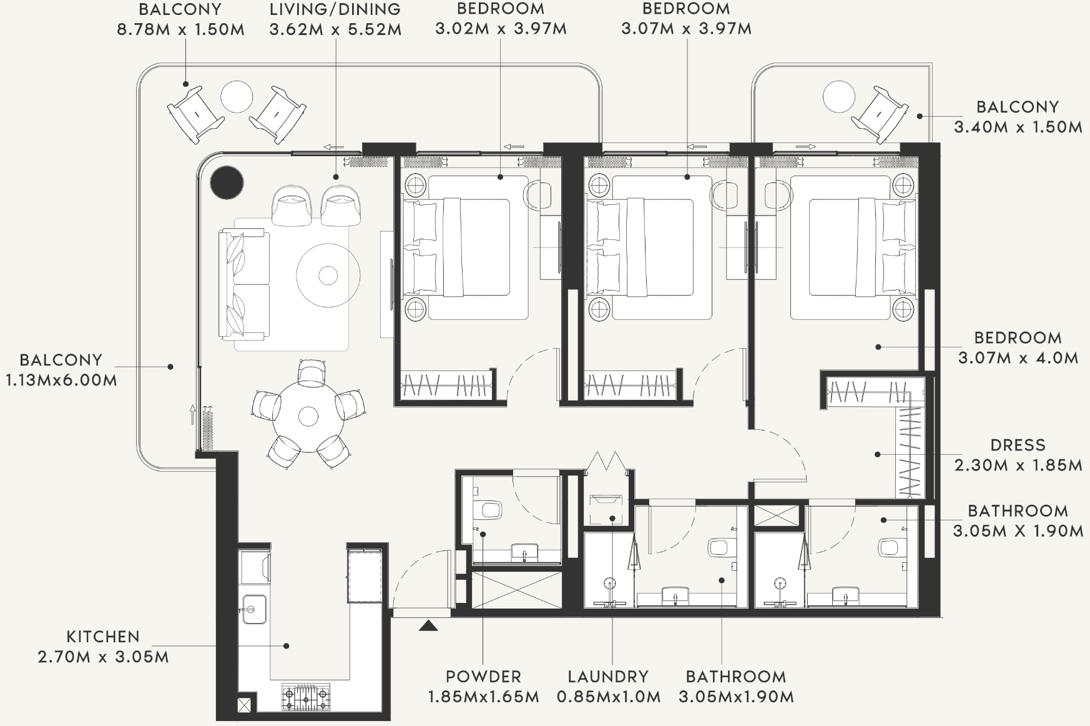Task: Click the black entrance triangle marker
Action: [x=428, y=625]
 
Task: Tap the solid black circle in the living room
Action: [x=227, y=182]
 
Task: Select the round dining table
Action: [x=308, y=416]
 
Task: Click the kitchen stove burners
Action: [x=306, y=695]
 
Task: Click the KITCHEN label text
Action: [x=103, y=637]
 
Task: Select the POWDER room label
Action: [x=483, y=677]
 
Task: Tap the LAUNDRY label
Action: [x=608, y=677]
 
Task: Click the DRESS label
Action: [x=1018, y=445]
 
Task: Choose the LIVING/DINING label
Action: [x=335, y=9]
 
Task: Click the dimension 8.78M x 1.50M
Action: [x=180, y=29]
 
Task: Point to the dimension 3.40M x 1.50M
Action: [x=1018, y=127]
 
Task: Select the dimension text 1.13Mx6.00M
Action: [x=61, y=380]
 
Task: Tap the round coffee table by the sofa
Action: [x=328, y=275]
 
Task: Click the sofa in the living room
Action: [x=244, y=284]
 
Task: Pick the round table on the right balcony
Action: [x=838, y=97]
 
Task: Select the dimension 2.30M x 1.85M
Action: [x=1018, y=465]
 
